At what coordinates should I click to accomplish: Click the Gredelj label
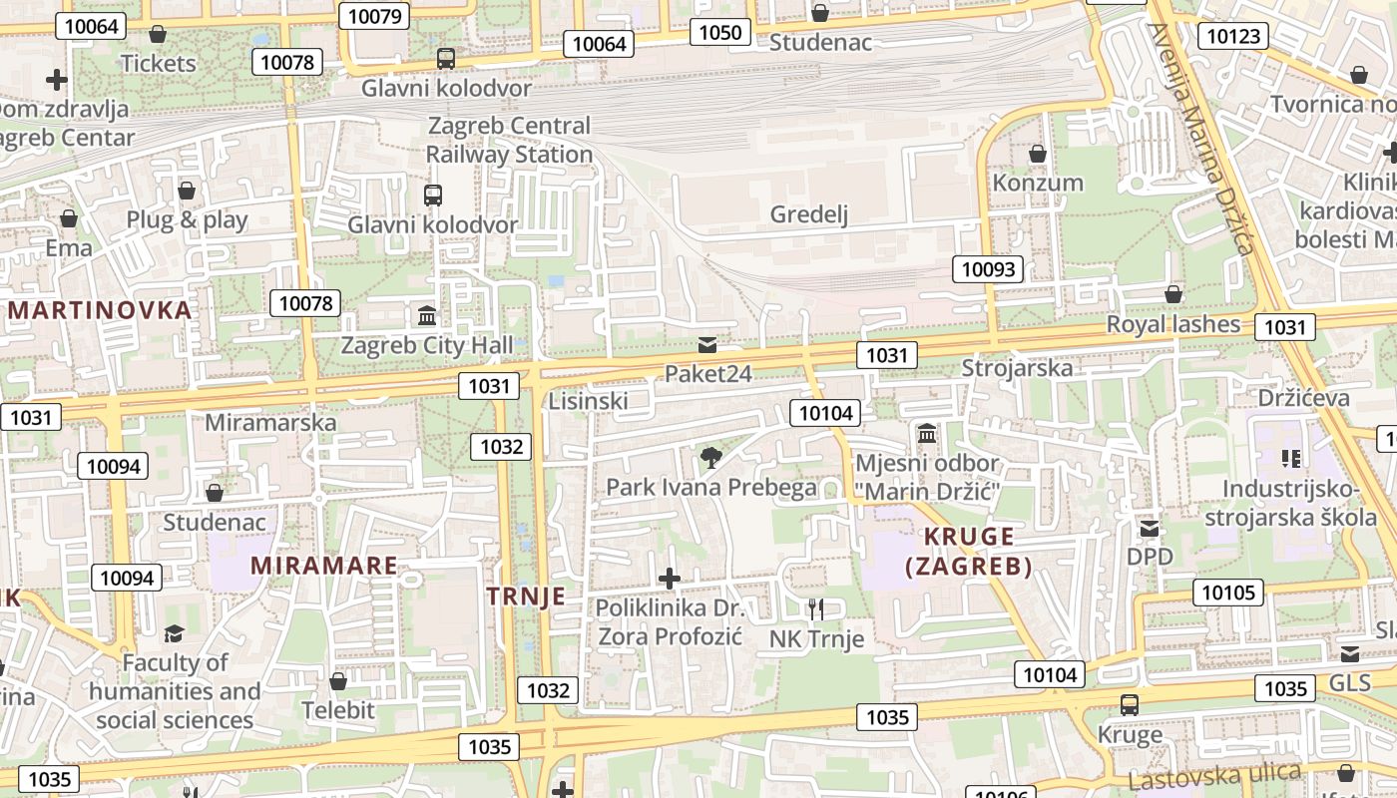[x=808, y=214]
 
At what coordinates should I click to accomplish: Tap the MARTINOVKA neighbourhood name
[x=99, y=310]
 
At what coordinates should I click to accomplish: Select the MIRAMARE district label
[x=323, y=566]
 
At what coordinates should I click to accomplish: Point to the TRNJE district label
[x=526, y=597]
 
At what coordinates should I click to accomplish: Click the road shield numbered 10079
[x=375, y=16]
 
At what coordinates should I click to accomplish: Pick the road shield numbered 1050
[x=720, y=33]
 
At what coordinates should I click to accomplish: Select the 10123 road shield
[x=1233, y=37]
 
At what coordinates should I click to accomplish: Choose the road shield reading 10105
[x=1228, y=593]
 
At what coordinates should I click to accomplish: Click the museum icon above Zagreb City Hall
[x=427, y=316]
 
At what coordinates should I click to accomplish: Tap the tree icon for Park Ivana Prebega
[x=710, y=458]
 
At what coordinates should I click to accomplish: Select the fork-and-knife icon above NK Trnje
[x=816, y=608]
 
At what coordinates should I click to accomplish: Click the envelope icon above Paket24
[x=707, y=345]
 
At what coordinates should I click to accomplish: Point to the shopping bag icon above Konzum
[x=1038, y=154]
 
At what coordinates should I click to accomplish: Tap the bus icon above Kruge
[x=1130, y=705]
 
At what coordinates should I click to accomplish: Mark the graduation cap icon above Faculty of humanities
[x=175, y=633]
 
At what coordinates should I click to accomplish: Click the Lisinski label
[x=588, y=401]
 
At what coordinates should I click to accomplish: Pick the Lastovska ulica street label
[x=1214, y=775]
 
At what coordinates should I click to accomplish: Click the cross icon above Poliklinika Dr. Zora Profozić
[x=670, y=578]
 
